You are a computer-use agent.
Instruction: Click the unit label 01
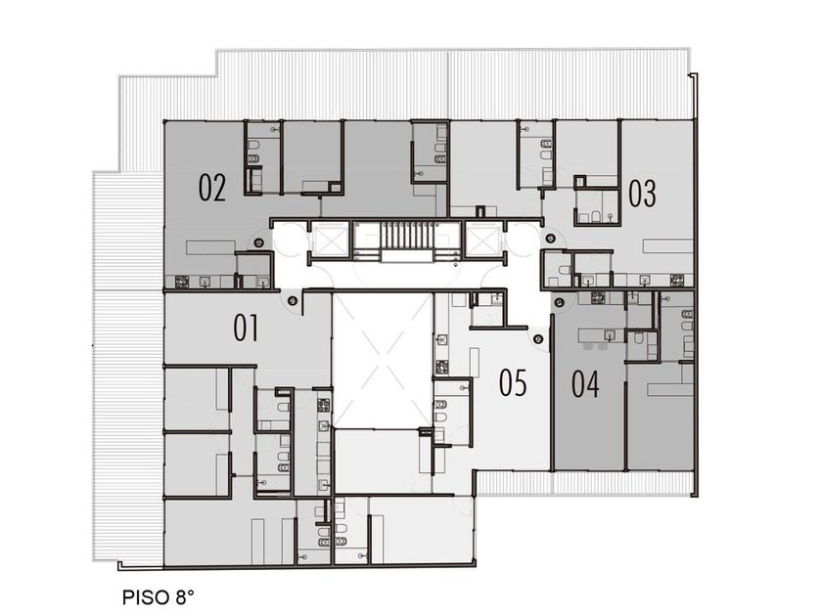[x=246, y=329]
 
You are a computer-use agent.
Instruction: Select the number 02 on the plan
[x=212, y=188]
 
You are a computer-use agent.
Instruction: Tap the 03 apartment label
[x=642, y=194]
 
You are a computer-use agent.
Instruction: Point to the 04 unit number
[x=585, y=384]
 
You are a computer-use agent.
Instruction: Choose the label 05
[x=513, y=382]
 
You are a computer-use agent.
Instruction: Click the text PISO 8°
[x=159, y=597]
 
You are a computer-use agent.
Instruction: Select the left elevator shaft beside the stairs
[x=328, y=240]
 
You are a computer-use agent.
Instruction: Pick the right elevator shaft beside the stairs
[x=481, y=240]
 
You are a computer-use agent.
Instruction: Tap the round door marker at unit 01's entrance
[x=293, y=301]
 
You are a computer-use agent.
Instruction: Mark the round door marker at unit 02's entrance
[x=258, y=242]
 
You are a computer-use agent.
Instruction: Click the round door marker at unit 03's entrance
[x=550, y=239]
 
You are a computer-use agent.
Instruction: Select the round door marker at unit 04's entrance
[x=560, y=302]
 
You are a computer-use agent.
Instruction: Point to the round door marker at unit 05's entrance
[x=538, y=339]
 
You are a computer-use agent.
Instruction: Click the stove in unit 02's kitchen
[x=181, y=282]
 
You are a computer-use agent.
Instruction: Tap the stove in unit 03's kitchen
[x=677, y=281]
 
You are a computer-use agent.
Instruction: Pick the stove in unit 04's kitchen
[x=598, y=298]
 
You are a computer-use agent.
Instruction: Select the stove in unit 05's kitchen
[x=441, y=368]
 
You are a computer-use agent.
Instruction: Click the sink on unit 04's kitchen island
[x=611, y=334]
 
